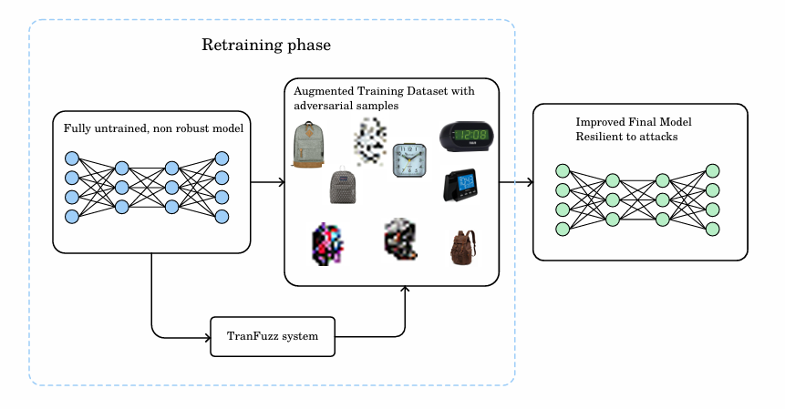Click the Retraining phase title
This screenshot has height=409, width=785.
pyautogui.click(x=265, y=45)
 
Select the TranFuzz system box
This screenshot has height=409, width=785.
pyautogui.click(x=273, y=336)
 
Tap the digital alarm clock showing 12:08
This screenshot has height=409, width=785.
pyautogui.click(x=466, y=136)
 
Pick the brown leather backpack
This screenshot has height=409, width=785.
pyautogui.click(x=462, y=247)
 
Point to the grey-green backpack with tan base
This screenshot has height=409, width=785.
pyautogui.click(x=308, y=145)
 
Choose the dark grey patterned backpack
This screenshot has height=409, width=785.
pyautogui.click(x=343, y=186)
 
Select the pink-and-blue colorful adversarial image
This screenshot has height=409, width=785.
pyautogui.click(x=327, y=243)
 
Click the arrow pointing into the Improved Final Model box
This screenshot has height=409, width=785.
pyautogui.click(x=527, y=182)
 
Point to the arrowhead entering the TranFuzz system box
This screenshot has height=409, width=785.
pyautogui.click(x=205, y=336)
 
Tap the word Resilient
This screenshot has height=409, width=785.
pyautogui.click(x=596, y=136)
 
